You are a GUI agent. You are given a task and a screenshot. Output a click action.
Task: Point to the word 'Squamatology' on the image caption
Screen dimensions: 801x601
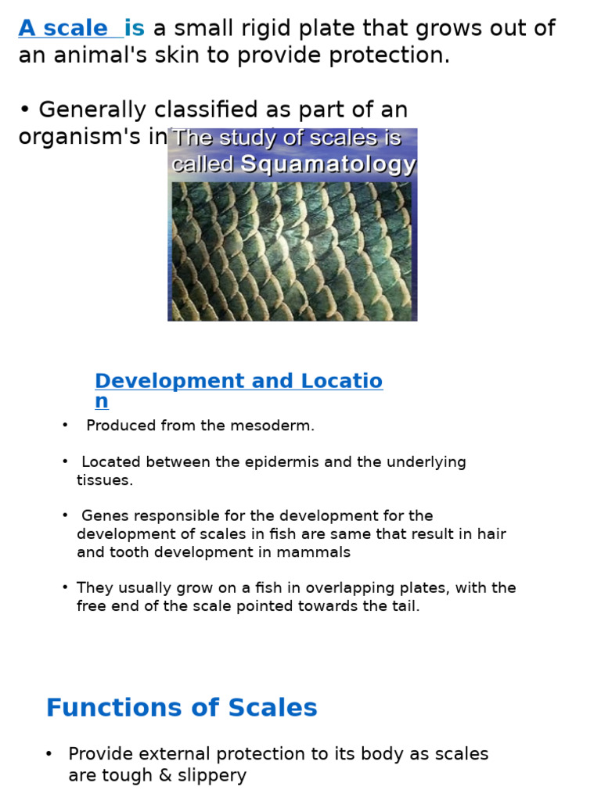click(x=328, y=164)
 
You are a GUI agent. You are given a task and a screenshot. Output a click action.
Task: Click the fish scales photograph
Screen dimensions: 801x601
click(x=292, y=250)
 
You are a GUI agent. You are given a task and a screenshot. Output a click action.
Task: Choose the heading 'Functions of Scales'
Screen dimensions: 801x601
click(x=182, y=708)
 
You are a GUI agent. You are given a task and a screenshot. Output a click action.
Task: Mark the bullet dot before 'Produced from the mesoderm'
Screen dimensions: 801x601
click(x=65, y=426)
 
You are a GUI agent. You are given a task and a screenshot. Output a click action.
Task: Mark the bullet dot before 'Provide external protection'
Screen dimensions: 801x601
click(x=49, y=754)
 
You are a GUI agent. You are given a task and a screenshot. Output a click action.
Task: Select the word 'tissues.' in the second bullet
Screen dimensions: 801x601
click(x=105, y=480)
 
